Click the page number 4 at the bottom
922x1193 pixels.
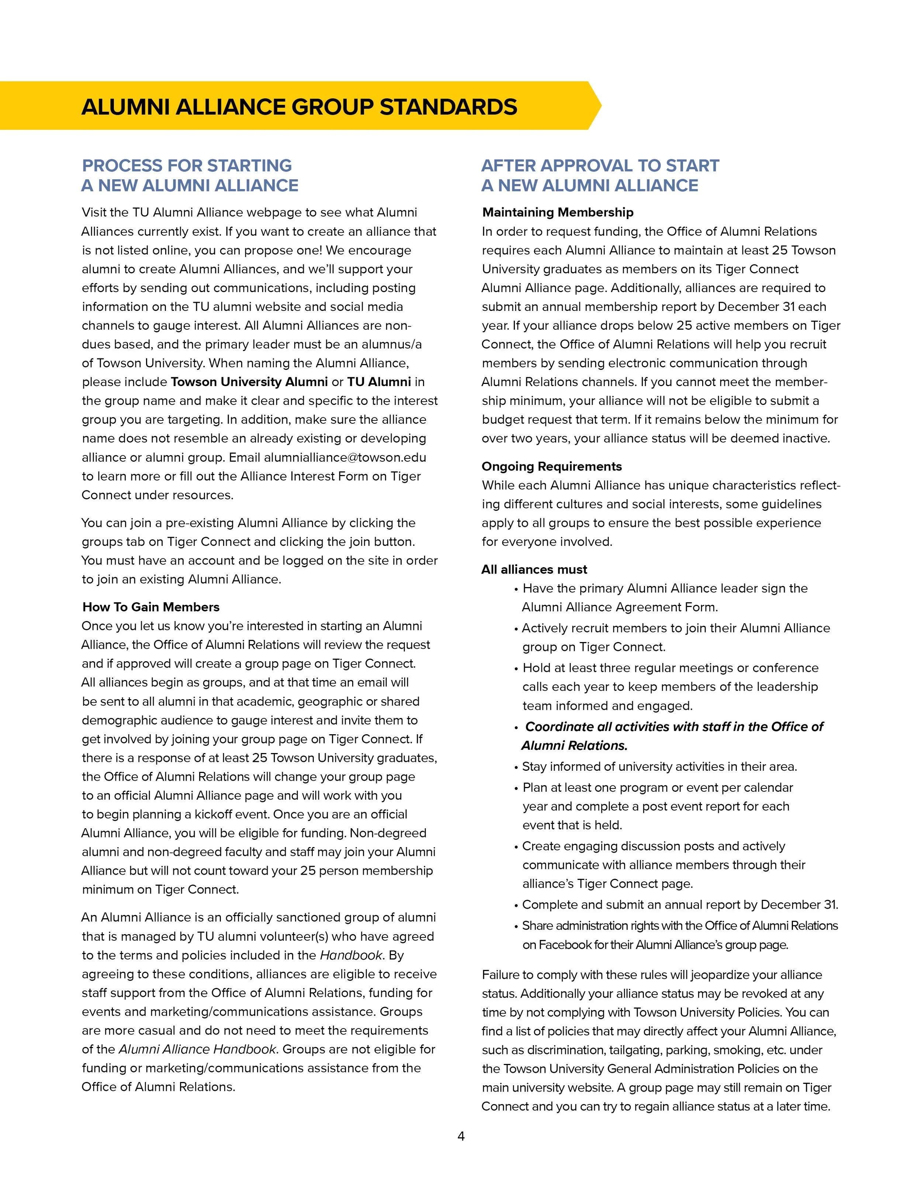[461, 1136]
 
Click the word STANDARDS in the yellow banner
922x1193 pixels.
[448, 107]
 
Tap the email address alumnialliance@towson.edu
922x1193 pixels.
[345, 457]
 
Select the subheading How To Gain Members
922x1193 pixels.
[151, 607]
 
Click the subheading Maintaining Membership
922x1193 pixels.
[557, 212]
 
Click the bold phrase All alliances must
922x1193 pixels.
[534, 569]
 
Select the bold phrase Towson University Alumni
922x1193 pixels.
[249, 382]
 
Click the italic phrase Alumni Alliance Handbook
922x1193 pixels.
[198, 1049]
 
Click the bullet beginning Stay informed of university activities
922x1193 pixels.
[659, 766]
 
